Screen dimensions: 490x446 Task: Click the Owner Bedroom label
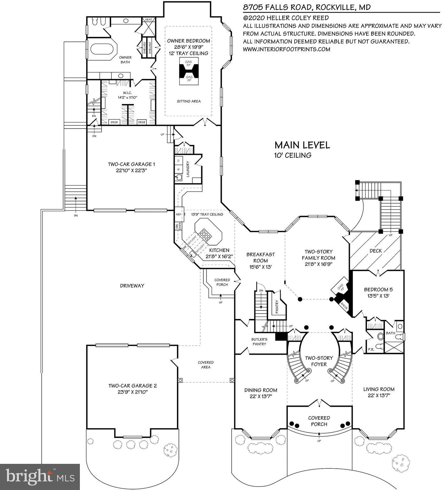(188, 41)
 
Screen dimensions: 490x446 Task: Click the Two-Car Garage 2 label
(132, 386)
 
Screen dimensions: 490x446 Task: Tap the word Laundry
(188, 169)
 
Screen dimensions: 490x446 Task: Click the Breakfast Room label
(260, 257)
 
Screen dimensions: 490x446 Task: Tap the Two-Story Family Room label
(319, 255)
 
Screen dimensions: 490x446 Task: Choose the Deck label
(376, 251)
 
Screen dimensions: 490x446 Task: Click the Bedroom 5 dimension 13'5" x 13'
(378, 296)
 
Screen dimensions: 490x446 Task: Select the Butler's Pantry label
(259, 341)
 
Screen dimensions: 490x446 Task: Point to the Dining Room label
(261, 390)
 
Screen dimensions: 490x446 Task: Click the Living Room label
(379, 389)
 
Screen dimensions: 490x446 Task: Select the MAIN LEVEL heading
(302, 145)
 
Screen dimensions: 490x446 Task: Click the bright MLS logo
(40, 477)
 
